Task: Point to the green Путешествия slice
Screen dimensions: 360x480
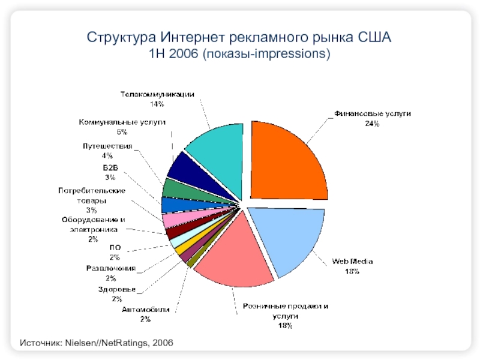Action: [172, 188]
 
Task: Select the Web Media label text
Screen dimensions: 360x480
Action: [352, 262]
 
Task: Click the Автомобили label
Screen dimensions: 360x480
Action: [145, 310]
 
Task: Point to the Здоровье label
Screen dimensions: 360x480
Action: [117, 289]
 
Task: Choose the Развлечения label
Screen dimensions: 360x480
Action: [110, 268]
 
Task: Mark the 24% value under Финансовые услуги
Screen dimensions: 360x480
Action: [372, 124]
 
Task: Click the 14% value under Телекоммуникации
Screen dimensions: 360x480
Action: [157, 104]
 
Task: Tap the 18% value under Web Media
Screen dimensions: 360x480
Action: [352, 272]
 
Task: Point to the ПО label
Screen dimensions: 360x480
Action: [114, 247]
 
